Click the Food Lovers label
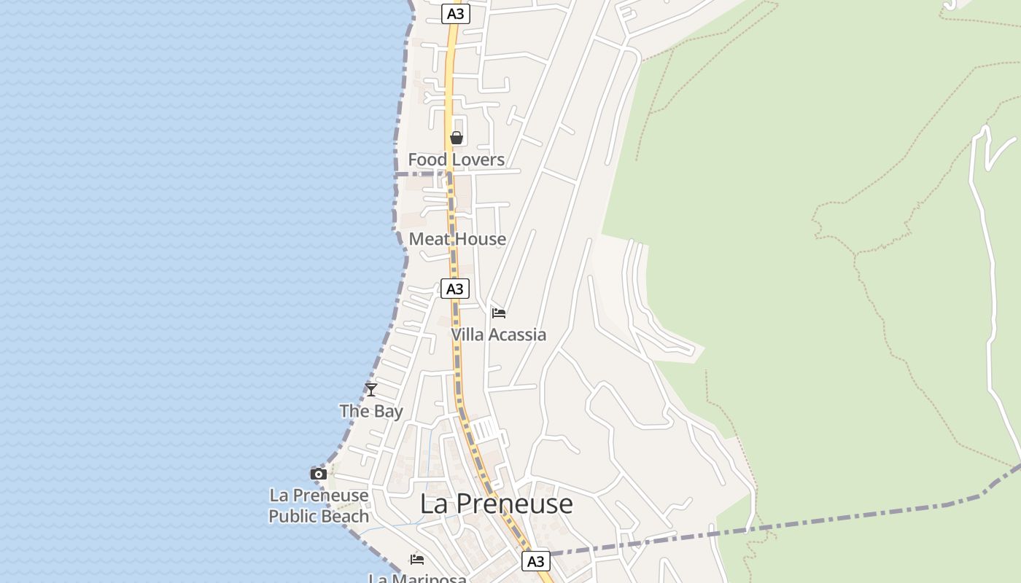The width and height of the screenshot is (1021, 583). (x=456, y=160)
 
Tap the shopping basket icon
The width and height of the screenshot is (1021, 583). (x=457, y=138)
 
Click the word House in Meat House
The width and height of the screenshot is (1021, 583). (x=480, y=239)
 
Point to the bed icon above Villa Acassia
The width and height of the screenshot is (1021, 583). (x=499, y=313)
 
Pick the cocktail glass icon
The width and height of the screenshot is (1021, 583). (x=371, y=390)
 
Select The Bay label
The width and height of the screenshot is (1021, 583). (x=371, y=411)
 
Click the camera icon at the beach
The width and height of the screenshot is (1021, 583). (x=318, y=474)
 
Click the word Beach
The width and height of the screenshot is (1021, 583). (x=344, y=516)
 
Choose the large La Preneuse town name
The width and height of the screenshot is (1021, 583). (x=497, y=504)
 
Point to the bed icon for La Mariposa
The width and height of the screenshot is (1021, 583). (x=417, y=560)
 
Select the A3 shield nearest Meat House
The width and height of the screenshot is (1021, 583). (x=454, y=289)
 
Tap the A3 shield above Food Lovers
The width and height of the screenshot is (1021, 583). (x=455, y=14)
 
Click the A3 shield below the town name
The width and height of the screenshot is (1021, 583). (x=535, y=561)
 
